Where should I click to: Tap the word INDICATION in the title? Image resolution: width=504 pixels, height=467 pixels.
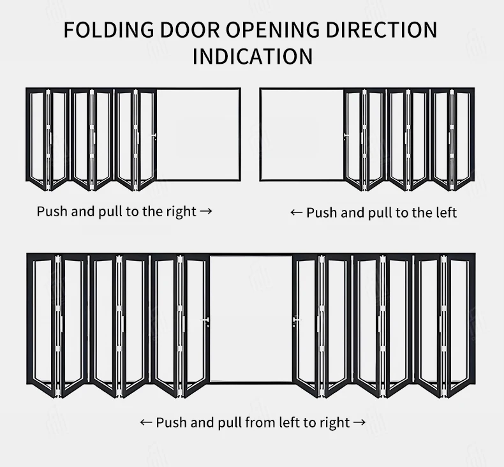[253, 56]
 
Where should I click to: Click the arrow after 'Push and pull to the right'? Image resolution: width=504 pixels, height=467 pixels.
[205, 211]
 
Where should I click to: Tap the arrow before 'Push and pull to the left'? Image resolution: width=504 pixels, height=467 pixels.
[297, 212]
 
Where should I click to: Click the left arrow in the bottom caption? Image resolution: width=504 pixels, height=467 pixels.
[146, 422]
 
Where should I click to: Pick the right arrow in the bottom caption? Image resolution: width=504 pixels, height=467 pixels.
[359, 422]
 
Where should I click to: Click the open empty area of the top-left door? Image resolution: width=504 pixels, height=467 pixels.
[198, 134]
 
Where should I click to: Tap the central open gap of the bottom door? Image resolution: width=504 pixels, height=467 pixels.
[251, 319]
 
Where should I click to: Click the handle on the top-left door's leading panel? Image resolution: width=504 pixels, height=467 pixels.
[154, 136]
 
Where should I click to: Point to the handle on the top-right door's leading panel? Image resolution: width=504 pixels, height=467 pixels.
[345, 135]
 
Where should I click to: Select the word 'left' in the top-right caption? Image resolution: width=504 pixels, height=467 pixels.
[446, 212]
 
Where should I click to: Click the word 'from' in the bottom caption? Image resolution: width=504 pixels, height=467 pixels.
[258, 422]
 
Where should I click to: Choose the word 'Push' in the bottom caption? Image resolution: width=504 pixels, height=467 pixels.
[170, 422]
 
